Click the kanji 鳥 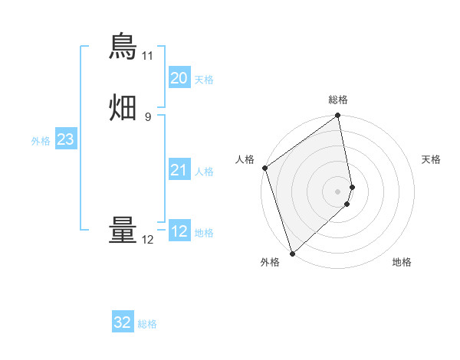point(123,47)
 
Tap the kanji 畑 point(123,107)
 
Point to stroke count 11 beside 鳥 point(147,56)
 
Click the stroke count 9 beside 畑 point(148,116)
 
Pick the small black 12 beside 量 point(147,240)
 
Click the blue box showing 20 point(179,78)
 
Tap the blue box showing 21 point(179,170)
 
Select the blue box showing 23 point(65,139)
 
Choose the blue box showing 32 point(123,322)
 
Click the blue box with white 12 point(179,231)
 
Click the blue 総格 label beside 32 point(147,324)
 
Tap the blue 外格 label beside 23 point(41,141)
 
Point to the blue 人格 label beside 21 point(205,172)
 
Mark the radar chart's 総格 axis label point(338,100)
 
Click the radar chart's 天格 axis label point(432,159)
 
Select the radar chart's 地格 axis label point(402,262)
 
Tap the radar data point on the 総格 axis point(338,116)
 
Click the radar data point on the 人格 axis point(264,168)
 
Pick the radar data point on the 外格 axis point(292,253)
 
